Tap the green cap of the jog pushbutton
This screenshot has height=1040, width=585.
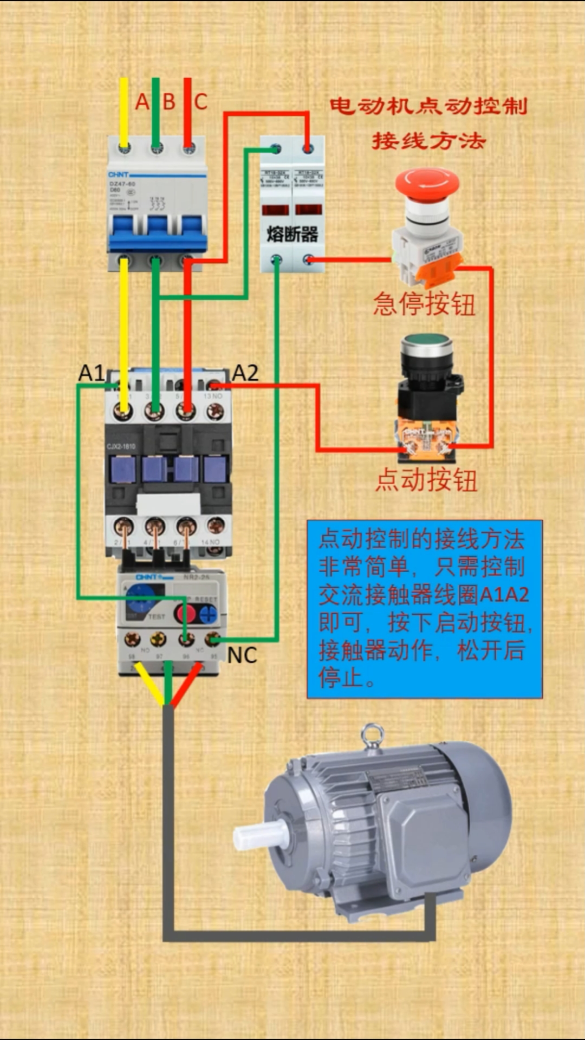427,342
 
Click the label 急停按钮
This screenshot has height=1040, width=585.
424,304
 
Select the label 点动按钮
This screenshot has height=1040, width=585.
427,480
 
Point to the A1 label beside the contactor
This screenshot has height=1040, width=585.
91,373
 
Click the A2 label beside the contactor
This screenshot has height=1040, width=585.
245,373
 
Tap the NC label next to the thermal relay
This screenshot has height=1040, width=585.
242,656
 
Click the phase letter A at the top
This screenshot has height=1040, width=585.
142,102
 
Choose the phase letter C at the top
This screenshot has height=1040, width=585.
200,102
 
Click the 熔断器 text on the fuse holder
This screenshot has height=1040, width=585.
292,235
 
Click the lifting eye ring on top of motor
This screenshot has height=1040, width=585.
373,736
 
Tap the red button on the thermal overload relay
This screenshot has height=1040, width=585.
185,614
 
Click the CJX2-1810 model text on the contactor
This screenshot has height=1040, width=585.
121,446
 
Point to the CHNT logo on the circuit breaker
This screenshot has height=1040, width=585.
119,174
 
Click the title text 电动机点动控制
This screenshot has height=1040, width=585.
428,106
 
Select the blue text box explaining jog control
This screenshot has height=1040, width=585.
424,609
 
